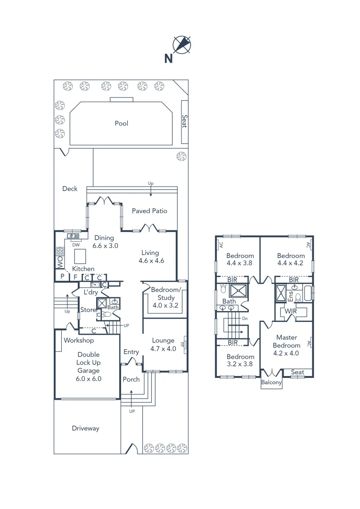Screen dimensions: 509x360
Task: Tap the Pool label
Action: tap(121, 123)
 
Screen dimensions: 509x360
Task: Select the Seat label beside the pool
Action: tap(185, 122)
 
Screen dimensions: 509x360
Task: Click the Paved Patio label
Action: tap(149, 211)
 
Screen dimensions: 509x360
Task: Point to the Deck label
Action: tap(70, 189)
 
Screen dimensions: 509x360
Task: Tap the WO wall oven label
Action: tap(60, 262)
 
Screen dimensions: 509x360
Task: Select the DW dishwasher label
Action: tap(75, 245)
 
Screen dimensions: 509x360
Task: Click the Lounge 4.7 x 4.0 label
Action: tap(163, 345)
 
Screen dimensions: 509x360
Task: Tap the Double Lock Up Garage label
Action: tap(89, 366)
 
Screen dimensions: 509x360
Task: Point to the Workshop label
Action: tap(79, 340)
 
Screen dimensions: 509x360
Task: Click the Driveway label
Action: tap(86, 428)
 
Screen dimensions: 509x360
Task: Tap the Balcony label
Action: tap(271, 383)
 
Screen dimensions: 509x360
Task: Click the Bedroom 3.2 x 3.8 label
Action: tap(240, 361)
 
